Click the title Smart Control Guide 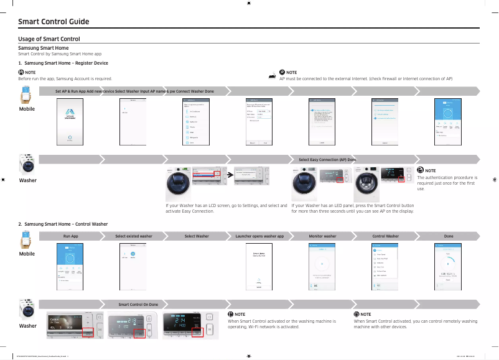pyautogui.click(x=54, y=22)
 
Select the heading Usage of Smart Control pyautogui.click(x=49, y=39)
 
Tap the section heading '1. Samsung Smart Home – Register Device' pyautogui.click(x=63, y=63)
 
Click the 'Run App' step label pyautogui.click(x=70, y=236)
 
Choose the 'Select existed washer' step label pyautogui.click(x=133, y=236)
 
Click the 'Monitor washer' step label pyautogui.click(x=322, y=236)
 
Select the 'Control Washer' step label pyautogui.click(x=385, y=236)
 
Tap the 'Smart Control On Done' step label pyautogui.click(x=138, y=304)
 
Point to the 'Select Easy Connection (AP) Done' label pyautogui.click(x=327, y=160)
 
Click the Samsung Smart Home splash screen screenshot pyautogui.click(x=70, y=121)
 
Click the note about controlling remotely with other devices pyautogui.click(x=415, y=323)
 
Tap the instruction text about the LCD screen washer pyautogui.click(x=226, y=208)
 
